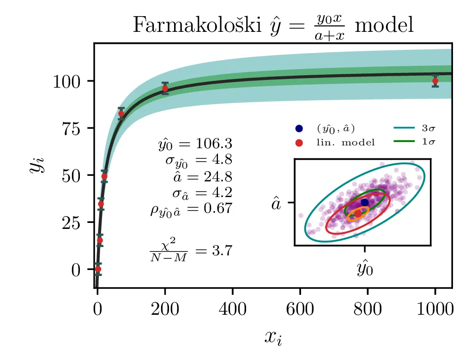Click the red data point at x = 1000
(x=435, y=81)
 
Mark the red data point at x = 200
(x=165, y=89)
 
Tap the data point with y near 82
(x=121, y=114)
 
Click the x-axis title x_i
(x=273, y=337)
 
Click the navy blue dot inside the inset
(x=365, y=202)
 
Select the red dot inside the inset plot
(x=358, y=213)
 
